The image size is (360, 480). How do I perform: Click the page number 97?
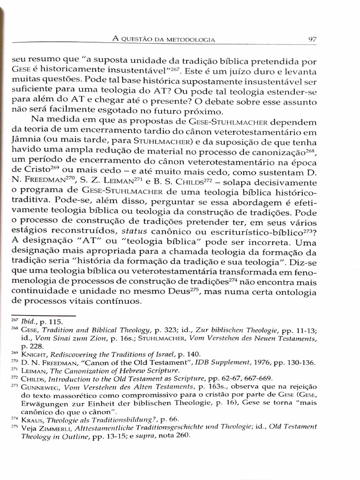[313, 39]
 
